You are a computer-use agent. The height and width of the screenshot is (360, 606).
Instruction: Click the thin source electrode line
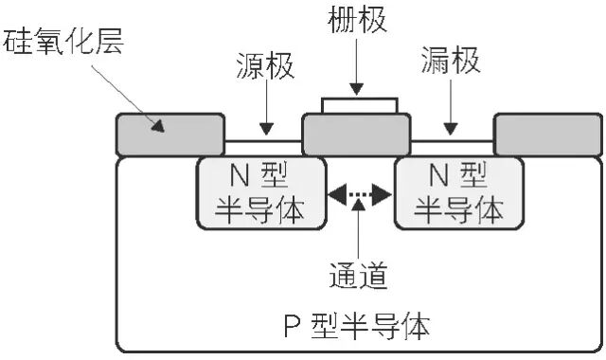262,141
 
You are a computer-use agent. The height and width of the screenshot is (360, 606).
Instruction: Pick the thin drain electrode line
452,141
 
